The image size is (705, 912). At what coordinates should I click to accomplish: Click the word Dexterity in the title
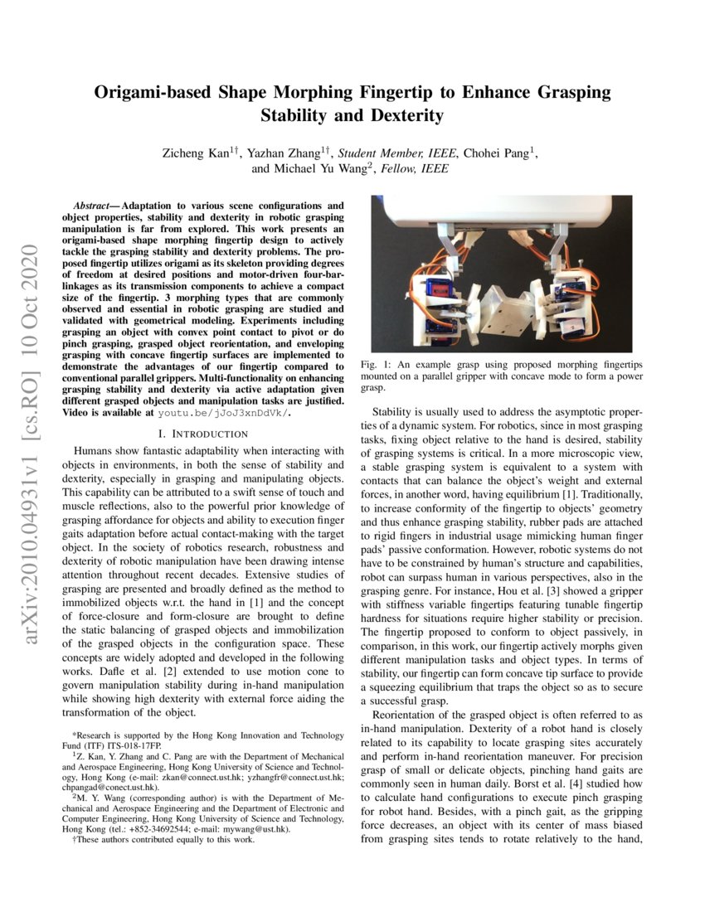tap(402, 115)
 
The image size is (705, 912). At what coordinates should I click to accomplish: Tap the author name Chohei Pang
tap(498, 153)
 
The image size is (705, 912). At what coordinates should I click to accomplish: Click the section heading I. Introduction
tap(202, 434)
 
